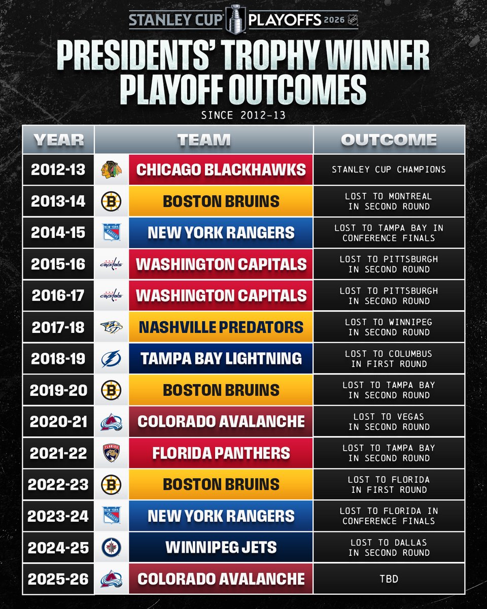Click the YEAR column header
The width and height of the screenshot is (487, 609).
(x=58, y=140)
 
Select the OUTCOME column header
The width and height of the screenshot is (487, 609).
(x=389, y=140)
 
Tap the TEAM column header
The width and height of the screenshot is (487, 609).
(x=203, y=140)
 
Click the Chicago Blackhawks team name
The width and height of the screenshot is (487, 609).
(x=221, y=170)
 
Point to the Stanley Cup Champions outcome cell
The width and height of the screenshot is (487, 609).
(x=389, y=170)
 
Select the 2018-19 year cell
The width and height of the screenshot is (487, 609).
(x=58, y=359)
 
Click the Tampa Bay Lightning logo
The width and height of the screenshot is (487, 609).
(x=112, y=359)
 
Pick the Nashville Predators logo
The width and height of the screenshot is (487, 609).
(x=112, y=327)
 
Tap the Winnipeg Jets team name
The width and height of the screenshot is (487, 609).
(x=221, y=548)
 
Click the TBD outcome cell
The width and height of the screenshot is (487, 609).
(x=389, y=579)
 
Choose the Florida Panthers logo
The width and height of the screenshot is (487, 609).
(x=112, y=453)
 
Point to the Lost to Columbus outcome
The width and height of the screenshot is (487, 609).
(x=389, y=359)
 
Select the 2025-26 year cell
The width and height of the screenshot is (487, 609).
(x=58, y=579)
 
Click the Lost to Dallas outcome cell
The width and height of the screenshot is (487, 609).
(x=389, y=548)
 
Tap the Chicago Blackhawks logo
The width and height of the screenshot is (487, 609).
(x=112, y=170)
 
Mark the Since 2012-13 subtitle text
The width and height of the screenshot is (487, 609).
(x=243, y=115)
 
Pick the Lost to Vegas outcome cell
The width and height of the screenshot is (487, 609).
(x=389, y=422)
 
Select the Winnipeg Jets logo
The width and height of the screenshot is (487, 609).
(x=112, y=548)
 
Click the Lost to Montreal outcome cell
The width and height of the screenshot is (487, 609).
(x=389, y=201)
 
